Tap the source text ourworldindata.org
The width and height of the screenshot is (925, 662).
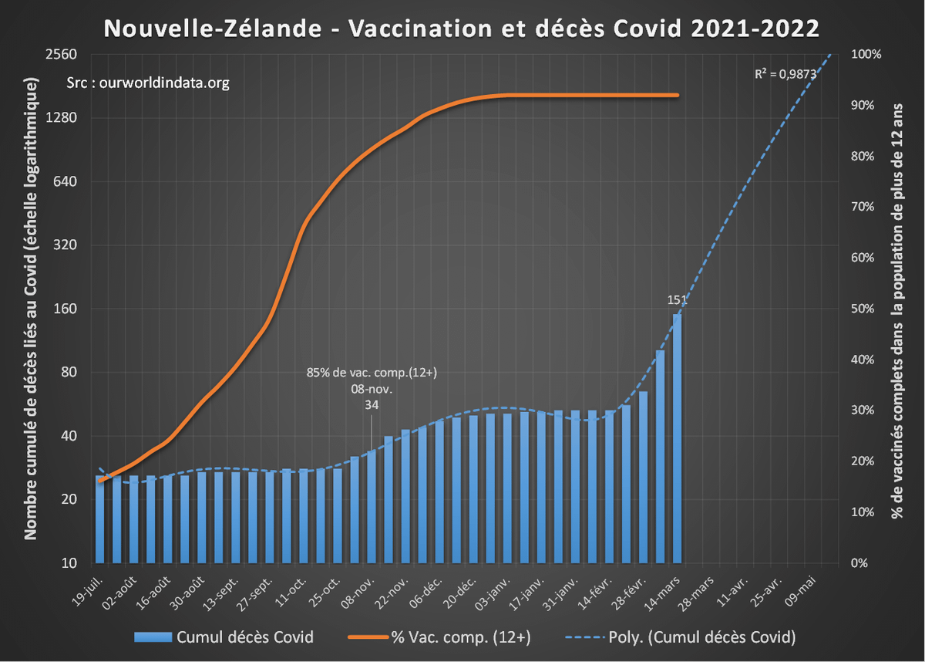coord(149,83)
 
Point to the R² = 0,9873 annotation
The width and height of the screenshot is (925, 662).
coord(785,74)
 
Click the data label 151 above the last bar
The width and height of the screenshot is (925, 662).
coord(677,299)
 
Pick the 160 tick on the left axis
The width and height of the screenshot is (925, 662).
coord(67,309)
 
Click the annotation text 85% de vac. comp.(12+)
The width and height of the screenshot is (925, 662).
coord(372,373)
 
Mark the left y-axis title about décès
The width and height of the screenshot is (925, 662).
coord(32,309)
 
